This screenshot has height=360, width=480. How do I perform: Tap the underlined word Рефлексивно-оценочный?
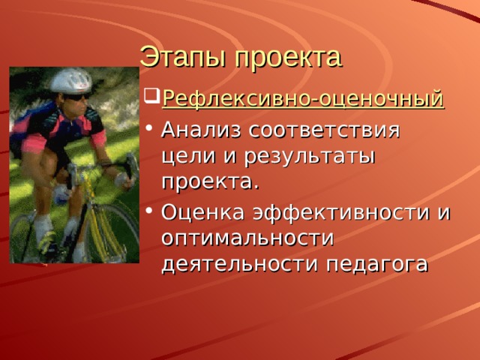click(x=303, y=99)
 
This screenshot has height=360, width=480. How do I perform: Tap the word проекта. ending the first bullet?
click(x=211, y=182)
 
